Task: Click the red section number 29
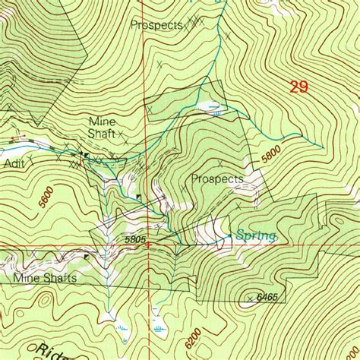point(298,87)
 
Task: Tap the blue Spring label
point(254,235)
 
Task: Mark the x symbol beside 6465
point(250,299)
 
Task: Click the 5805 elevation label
point(136,238)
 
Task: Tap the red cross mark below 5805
point(148,245)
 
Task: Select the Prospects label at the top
point(156,25)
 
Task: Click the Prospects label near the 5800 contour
point(217,179)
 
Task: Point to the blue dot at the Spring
point(230,237)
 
